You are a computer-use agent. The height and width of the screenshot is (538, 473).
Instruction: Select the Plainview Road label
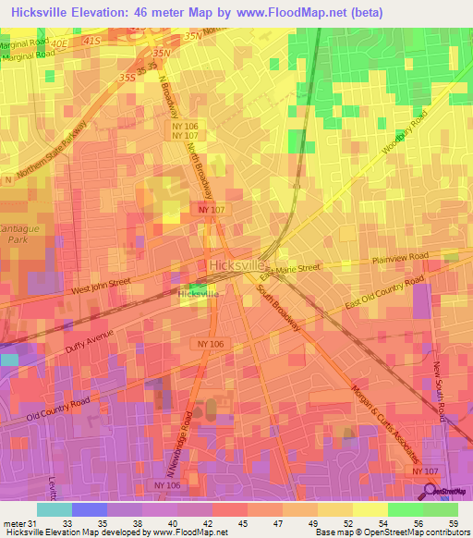pos(401,258)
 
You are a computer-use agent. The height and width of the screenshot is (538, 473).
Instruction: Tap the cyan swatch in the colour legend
pos(54,509)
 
